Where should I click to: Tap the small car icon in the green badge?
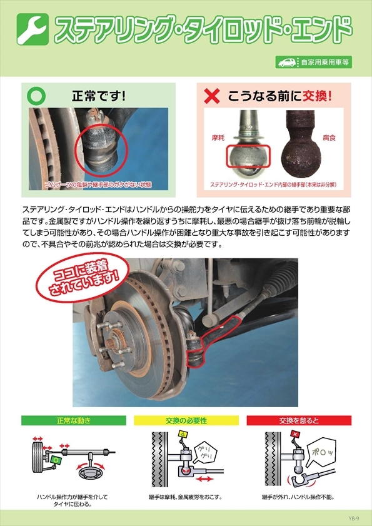click(287, 62)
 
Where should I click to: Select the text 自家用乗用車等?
click(324, 62)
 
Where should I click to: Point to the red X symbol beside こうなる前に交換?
click(213, 97)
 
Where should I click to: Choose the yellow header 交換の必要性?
click(186, 420)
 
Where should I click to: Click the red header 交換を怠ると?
click(299, 420)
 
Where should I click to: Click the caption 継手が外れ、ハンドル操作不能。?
click(299, 498)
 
